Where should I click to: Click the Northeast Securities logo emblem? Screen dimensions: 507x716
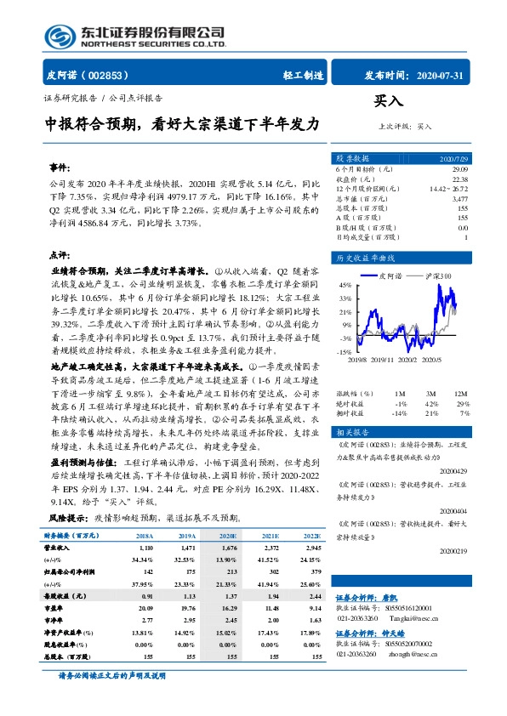pos(59,35)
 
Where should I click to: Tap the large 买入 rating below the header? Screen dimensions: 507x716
pos(389,101)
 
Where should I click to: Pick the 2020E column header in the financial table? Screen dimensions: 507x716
pos(225,537)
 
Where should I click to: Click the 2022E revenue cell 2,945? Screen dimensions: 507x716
pos(309,550)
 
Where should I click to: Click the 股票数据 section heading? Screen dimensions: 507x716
pos(351,159)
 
